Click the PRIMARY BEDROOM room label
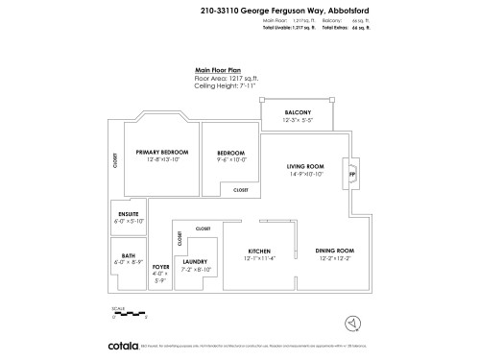click(161, 153)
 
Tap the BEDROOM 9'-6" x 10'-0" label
click(231, 154)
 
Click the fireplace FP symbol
click(351, 174)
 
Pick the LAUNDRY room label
click(195, 261)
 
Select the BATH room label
click(128, 256)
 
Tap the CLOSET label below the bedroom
click(240, 190)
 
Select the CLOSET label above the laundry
click(203, 229)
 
